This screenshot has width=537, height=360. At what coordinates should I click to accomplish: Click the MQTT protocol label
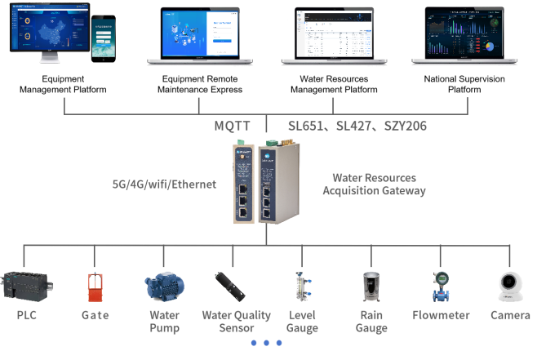click(233, 127)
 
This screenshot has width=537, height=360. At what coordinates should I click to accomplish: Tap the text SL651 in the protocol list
click(305, 127)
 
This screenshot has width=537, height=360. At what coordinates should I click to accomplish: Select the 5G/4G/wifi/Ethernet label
click(164, 184)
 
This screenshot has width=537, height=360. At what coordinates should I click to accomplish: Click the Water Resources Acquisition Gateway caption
click(374, 184)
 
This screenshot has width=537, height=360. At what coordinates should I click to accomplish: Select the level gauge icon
click(302, 287)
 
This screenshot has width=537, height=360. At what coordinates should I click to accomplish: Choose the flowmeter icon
click(441, 287)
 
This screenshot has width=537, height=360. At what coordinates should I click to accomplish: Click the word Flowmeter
click(441, 315)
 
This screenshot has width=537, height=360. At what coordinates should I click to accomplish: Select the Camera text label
click(510, 315)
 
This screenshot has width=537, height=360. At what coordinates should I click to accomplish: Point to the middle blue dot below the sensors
click(267, 343)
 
